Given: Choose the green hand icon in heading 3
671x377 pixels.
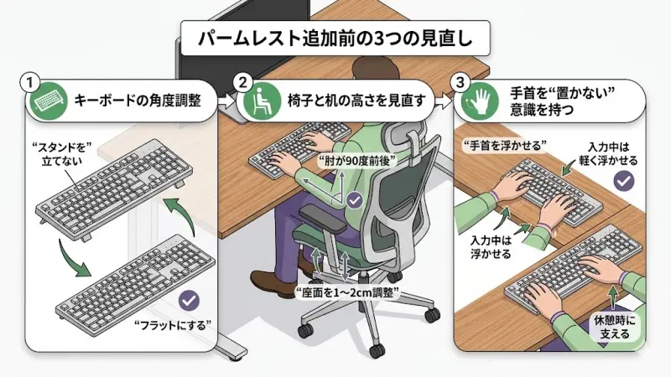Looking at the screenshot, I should pyautogui.click(x=477, y=102).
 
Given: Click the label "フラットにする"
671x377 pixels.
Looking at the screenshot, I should pyautogui.click(x=177, y=323).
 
